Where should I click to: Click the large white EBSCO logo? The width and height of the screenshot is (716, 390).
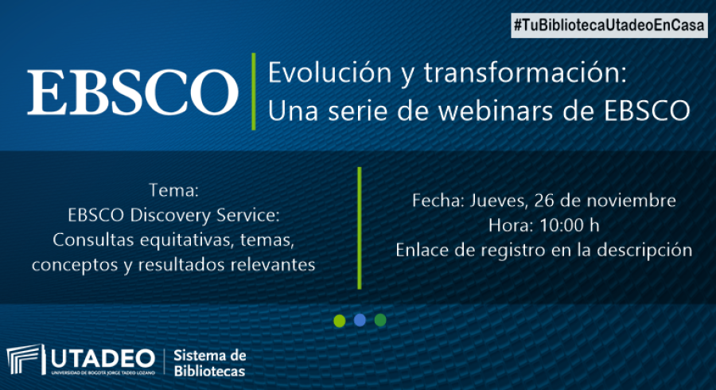point(132,92)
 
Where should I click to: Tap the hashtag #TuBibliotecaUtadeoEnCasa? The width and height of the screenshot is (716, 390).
point(609,25)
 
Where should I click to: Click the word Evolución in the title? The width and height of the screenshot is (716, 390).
point(329,72)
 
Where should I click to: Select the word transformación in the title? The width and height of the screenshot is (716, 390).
point(525,72)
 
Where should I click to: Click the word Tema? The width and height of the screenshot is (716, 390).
point(173,190)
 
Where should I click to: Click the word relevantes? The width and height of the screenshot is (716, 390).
point(272,264)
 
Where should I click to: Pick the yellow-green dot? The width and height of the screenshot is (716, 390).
point(339,321)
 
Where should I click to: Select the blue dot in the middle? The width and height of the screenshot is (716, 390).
point(360,320)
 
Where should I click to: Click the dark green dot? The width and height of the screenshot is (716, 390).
point(380,320)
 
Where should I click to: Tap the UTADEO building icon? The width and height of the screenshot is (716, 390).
point(26,360)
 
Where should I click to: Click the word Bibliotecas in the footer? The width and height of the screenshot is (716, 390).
point(209,371)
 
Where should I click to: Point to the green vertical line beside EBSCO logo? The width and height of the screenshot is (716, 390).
point(254,92)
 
